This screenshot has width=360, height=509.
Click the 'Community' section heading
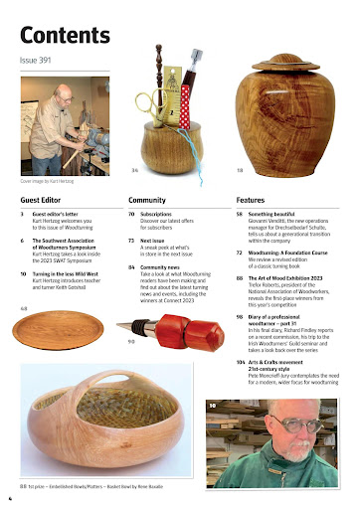pos(145,200)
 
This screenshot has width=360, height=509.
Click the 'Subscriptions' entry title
pos(161,214)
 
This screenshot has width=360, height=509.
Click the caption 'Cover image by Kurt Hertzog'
pos(47,182)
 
